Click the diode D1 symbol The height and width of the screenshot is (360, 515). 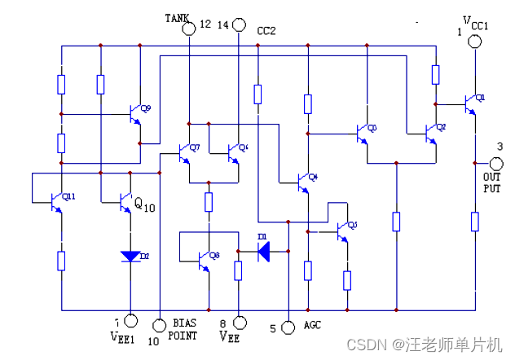263,251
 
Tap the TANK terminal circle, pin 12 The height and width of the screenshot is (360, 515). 188,29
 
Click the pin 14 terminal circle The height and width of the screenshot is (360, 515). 239,25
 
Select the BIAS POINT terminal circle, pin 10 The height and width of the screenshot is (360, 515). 160,323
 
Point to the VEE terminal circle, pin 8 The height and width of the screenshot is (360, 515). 239,323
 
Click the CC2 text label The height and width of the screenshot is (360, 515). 266,31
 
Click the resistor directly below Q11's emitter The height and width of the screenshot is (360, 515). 61,261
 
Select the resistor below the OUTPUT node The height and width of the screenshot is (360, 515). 475,222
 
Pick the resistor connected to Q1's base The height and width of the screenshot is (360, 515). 435,76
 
